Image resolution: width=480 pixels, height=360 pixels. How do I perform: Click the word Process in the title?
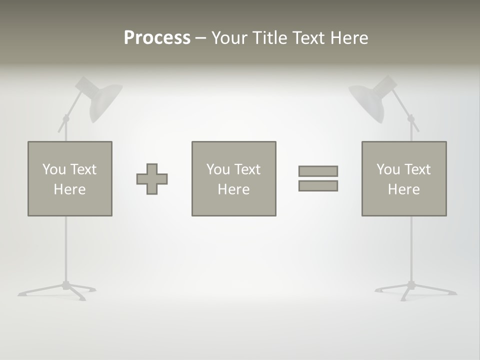(157, 38)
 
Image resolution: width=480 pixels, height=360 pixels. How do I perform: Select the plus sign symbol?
(152, 178)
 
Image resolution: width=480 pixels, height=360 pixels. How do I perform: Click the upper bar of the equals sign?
(318, 171)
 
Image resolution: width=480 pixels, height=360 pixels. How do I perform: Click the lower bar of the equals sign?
(318, 185)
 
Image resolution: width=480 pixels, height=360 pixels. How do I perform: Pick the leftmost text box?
(69, 178)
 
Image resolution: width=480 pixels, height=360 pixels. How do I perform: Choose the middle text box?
(233, 178)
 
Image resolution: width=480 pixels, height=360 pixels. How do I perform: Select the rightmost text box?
(404, 178)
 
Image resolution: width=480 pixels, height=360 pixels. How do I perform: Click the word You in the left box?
(54, 169)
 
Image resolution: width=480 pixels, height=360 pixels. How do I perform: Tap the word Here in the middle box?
(233, 189)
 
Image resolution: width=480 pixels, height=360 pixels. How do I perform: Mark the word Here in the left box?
(69, 189)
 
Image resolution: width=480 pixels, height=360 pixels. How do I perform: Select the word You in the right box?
(388, 169)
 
